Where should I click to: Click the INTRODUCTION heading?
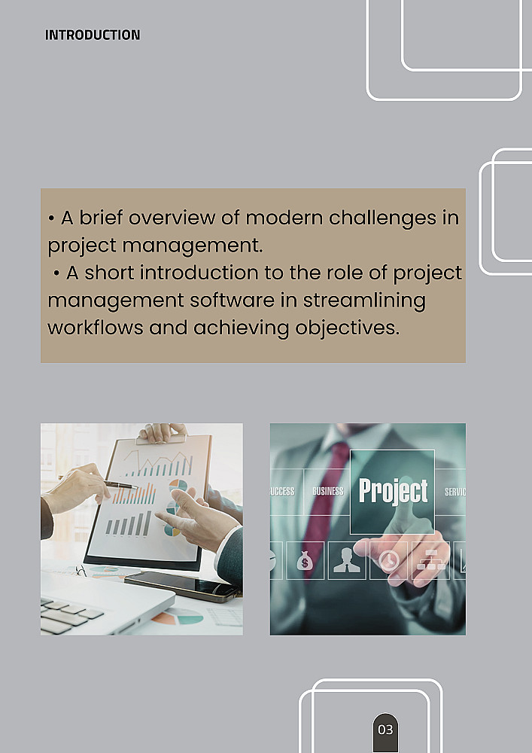tap(93, 35)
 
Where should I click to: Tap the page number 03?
tap(385, 730)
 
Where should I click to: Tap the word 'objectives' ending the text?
tap(348, 329)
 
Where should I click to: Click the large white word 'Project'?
tap(394, 492)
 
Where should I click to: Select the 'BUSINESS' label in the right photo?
tap(328, 491)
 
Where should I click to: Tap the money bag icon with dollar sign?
tap(305, 560)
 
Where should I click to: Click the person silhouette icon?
tap(347, 560)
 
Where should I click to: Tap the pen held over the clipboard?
tap(99, 483)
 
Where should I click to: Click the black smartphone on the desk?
tap(182, 587)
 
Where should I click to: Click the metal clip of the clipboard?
tap(161, 438)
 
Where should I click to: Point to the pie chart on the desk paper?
tap(178, 616)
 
